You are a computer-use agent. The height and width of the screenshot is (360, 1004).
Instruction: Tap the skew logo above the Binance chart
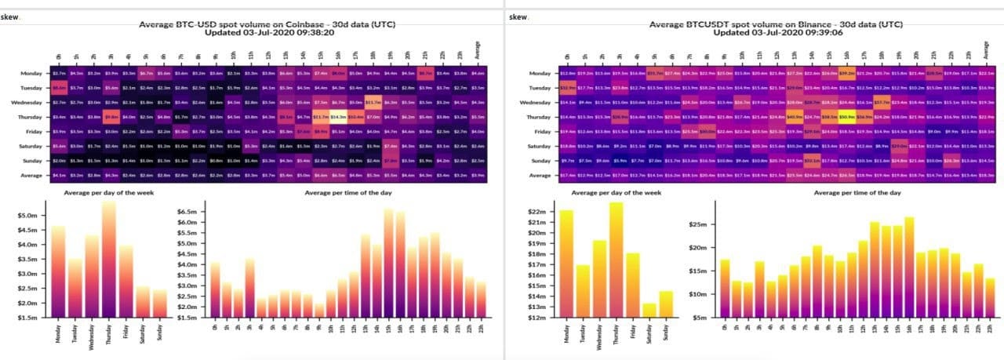tap(518, 16)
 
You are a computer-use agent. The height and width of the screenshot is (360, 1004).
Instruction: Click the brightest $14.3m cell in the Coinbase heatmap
tap(338, 117)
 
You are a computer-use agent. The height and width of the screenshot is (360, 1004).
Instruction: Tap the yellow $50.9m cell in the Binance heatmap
tap(846, 117)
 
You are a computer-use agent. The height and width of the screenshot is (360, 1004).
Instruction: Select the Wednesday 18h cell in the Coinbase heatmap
tap(374, 102)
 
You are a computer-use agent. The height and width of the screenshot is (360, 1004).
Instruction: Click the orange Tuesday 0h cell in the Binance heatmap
tap(568, 88)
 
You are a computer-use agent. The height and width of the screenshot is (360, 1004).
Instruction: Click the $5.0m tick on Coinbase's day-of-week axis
tap(27, 216)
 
